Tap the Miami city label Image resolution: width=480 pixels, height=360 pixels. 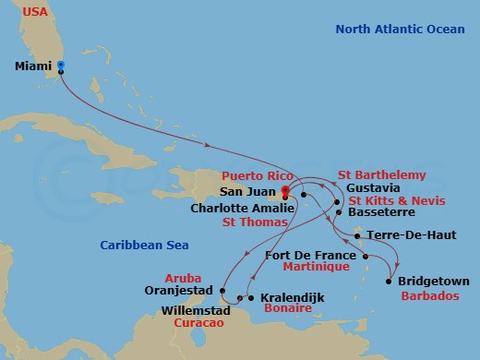point(33,66)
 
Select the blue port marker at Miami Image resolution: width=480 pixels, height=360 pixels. point(60,66)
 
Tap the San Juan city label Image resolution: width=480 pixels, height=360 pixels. point(247,192)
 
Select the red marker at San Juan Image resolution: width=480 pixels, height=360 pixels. point(284,193)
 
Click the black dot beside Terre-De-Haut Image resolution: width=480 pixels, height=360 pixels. point(356,235)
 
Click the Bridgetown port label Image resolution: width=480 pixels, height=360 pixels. point(434,281)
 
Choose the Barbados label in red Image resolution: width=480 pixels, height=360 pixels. point(429,297)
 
